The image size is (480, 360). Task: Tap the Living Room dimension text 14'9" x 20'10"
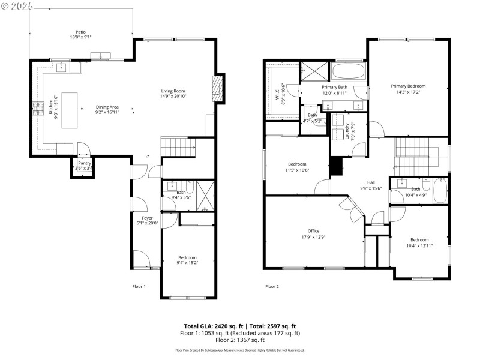click(x=173, y=96)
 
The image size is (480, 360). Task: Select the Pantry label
click(x=83, y=163)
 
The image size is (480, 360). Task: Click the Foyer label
click(x=147, y=218)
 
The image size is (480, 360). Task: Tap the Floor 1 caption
click(x=139, y=287)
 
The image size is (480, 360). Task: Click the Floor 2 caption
click(x=272, y=287)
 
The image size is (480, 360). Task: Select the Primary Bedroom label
click(x=408, y=86)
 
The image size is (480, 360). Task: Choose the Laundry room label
click(x=347, y=131)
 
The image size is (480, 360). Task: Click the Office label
click(x=313, y=231)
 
